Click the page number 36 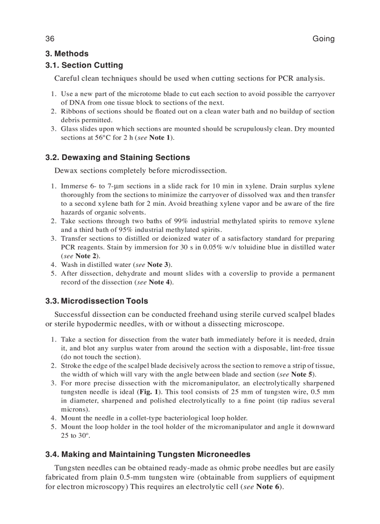(x=50, y=39)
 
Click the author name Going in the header (x=323, y=39)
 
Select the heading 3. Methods (x=67, y=54)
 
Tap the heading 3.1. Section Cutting (x=84, y=65)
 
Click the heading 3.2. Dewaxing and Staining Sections (x=118, y=157)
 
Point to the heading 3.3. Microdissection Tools (x=97, y=301)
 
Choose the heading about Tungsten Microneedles (x=148, y=454)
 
